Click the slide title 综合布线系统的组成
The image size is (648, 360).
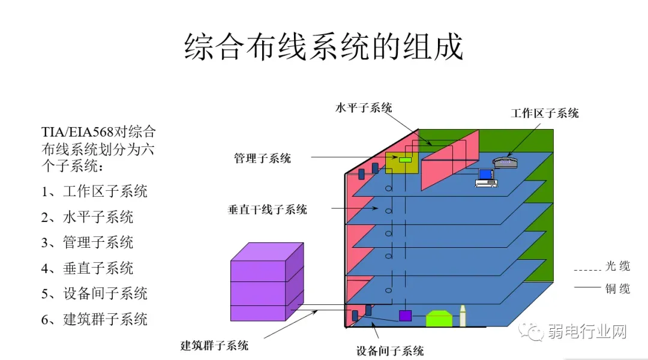(x=323, y=47)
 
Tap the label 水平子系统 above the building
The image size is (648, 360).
(x=364, y=108)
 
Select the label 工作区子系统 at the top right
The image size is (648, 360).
(x=545, y=113)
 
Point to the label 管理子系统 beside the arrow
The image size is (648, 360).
(x=262, y=158)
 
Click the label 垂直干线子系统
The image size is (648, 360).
(x=267, y=209)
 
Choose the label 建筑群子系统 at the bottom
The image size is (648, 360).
(x=214, y=346)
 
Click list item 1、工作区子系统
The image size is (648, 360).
(x=94, y=191)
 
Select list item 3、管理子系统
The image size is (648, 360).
(x=87, y=242)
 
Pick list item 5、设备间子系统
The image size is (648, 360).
(x=94, y=293)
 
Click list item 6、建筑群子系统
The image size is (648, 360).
(x=94, y=319)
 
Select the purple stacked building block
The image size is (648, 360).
(x=267, y=282)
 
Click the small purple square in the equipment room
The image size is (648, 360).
(x=405, y=316)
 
